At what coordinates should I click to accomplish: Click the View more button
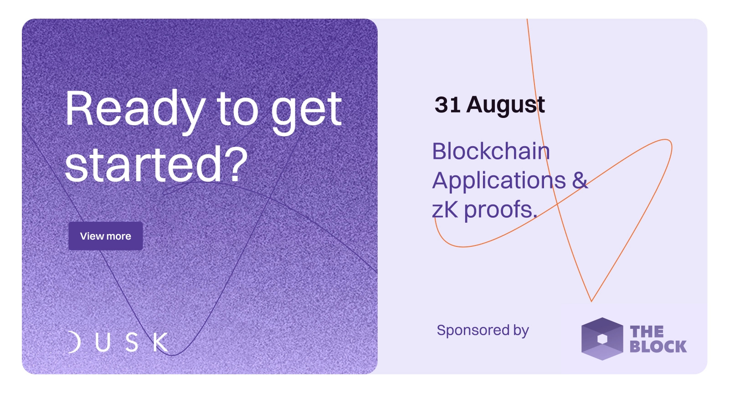tap(105, 236)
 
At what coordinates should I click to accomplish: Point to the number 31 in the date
tap(447, 105)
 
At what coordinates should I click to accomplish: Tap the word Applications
tap(499, 181)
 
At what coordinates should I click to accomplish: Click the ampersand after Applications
tap(580, 180)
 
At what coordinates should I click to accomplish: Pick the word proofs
tap(501, 210)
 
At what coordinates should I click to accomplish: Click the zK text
tap(445, 210)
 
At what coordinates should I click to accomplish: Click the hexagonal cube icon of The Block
tap(602, 339)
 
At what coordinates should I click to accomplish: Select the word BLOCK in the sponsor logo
tap(658, 347)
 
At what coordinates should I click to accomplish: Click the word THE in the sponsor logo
tap(647, 332)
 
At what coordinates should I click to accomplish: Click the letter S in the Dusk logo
tap(132, 342)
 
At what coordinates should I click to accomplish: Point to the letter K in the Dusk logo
tap(161, 342)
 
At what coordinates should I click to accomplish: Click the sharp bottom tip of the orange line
tap(591, 301)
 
